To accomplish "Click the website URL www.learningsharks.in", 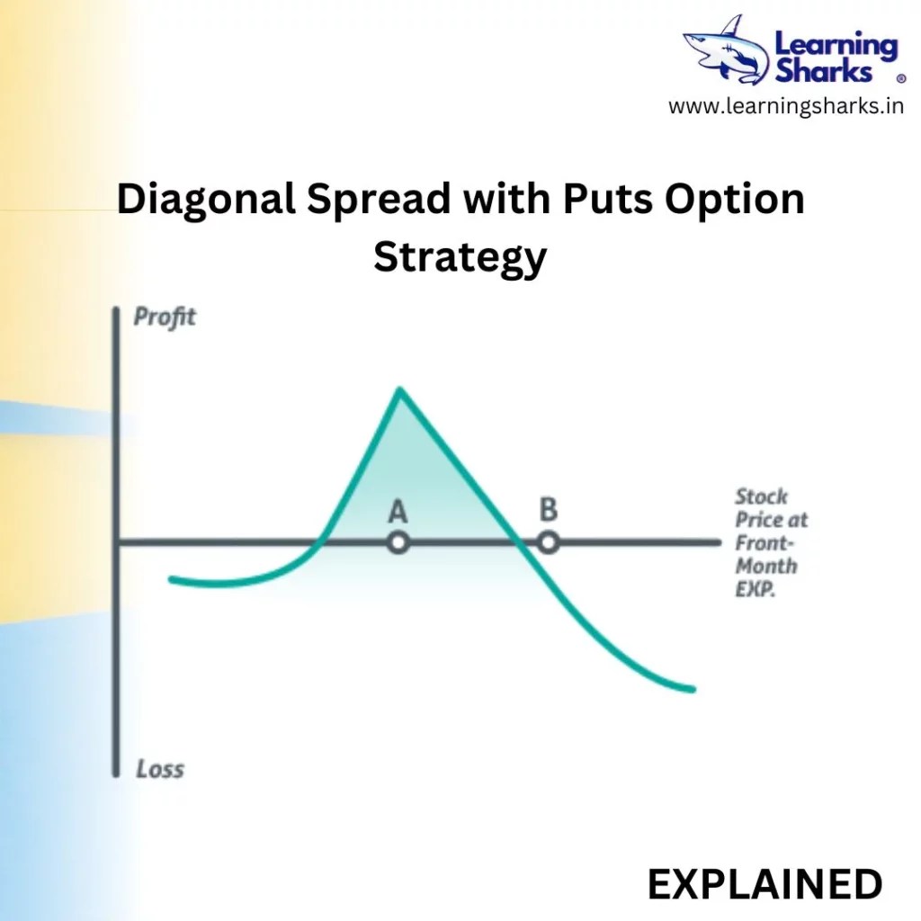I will [786, 107].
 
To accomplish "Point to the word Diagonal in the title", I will [206, 200].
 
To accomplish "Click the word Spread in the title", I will [379, 200].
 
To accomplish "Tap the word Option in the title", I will [736, 200].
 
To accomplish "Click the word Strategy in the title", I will [460, 257].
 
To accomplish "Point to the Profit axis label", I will [165, 317].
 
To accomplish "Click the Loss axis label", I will [160, 769].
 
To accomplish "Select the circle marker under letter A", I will [398, 543].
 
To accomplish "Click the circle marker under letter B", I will [548, 543].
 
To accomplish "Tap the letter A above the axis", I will [398, 512].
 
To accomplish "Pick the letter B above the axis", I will [548, 510].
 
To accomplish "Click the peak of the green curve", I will [399, 389].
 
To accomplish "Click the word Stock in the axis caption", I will [761, 496].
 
